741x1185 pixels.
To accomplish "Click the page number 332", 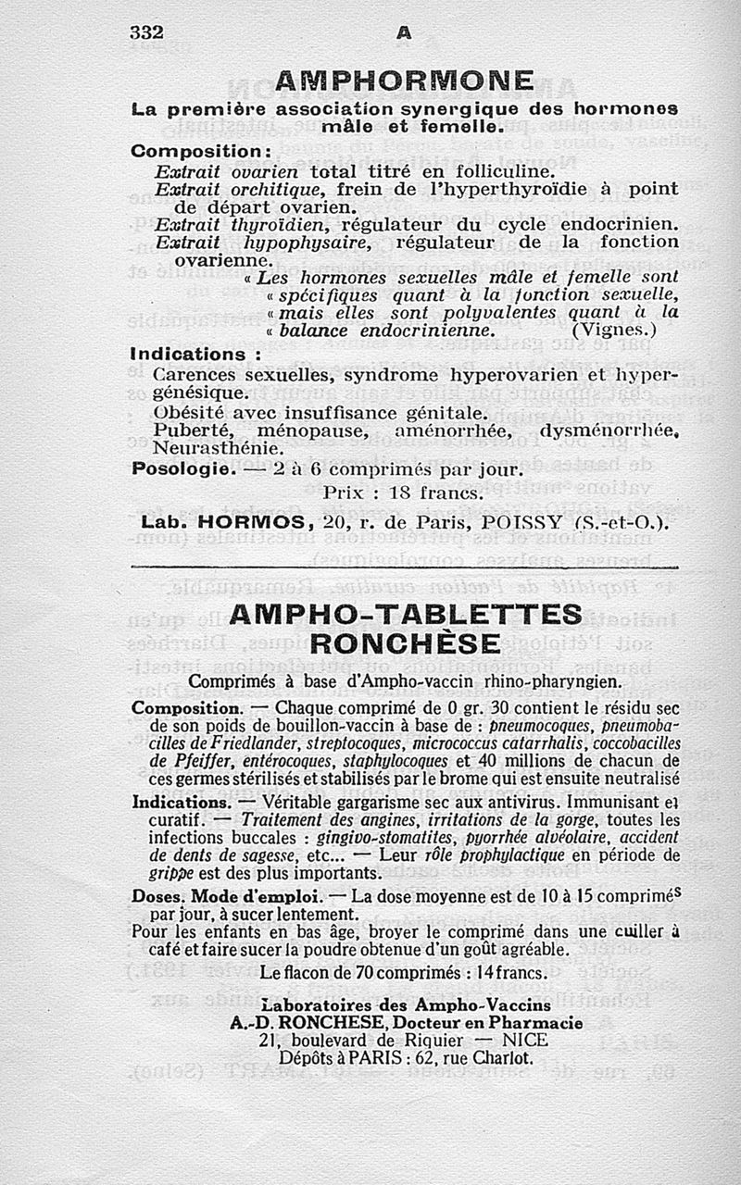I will pyautogui.click(x=146, y=31).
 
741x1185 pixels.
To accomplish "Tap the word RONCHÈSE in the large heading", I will pyautogui.click(x=406, y=644).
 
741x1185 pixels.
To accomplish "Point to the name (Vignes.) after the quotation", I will pyautogui.click(x=614, y=329).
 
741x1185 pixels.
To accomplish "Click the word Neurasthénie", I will pyautogui.click(x=205, y=448).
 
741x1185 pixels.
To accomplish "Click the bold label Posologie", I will pyautogui.click(x=180, y=469).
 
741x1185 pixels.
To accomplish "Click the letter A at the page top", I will pyautogui.click(x=404, y=32).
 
